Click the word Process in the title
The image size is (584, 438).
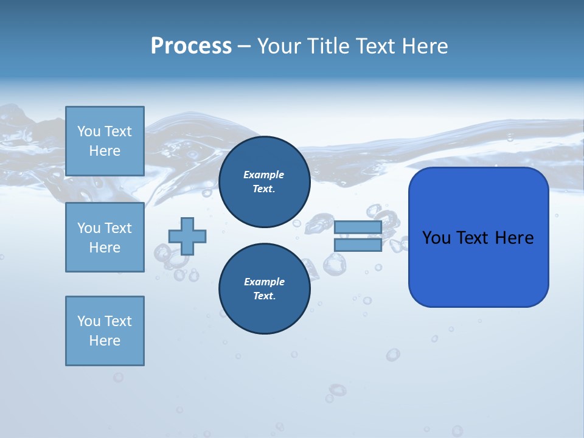tap(191, 46)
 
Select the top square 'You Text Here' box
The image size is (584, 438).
tap(105, 141)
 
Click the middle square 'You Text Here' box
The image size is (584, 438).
tap(105, 237)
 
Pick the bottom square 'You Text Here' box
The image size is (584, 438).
tap(105, 331)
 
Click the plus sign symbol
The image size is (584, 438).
tap(187, 236)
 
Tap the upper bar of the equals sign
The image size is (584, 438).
tap(358, 227)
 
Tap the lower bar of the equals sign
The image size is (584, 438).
tap(358, 245)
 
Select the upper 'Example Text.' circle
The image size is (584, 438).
tap(264, 182)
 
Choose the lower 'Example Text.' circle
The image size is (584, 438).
tap(264, 289)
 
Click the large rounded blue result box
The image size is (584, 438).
tap(478, 268)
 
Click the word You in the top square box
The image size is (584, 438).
tap(89, 131)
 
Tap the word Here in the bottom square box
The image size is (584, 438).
tap(105, 341)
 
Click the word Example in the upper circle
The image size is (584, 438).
tap(264, 175)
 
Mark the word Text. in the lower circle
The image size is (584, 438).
tap(264, 296)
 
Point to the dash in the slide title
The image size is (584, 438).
tap(244, 46)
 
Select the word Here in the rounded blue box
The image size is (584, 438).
tap(514, 238)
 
